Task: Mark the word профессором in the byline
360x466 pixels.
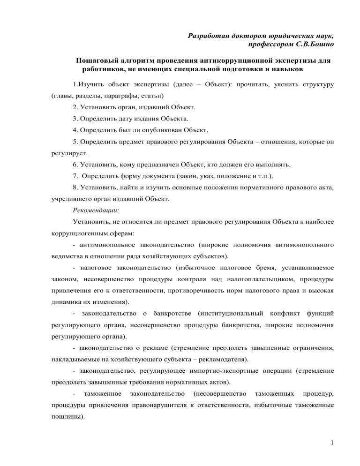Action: [273, 45]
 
